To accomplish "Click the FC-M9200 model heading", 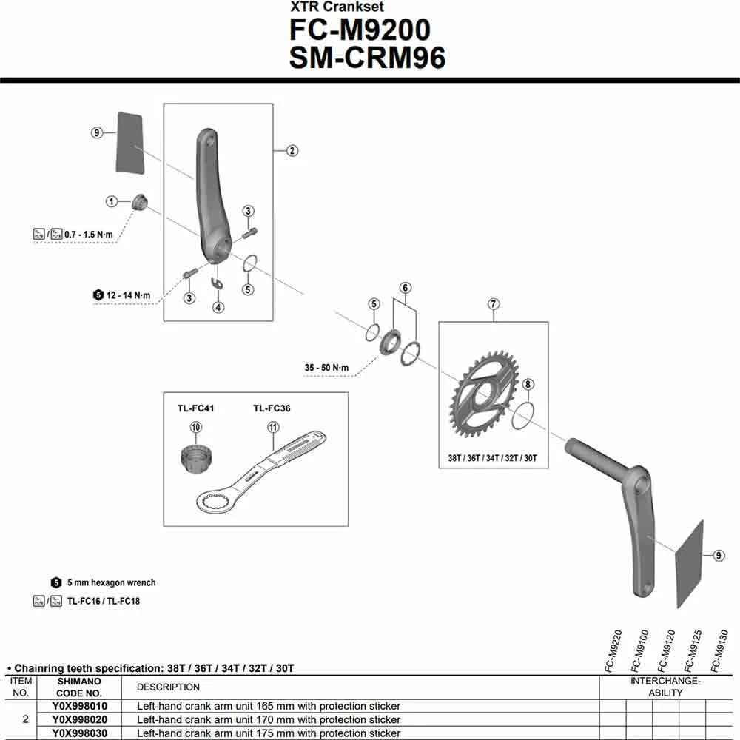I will tap(360, 30).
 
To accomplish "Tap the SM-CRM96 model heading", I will tap(367, 58).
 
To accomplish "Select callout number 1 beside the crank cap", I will tap(112, 201).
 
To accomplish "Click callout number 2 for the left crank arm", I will tap(292, 151).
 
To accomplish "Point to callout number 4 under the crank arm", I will tap(218, 307).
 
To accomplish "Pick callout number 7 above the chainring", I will tap(494, 303).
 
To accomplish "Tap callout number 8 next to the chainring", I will tap(528, 384).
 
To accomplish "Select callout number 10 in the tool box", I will tap(195, 427).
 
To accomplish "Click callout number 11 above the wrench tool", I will tap(273, 427).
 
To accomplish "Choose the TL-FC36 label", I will tap(272, 408).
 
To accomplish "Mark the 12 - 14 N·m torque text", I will tap(128, 295).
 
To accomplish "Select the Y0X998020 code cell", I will tap(80, 719).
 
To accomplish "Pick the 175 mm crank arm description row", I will tap(269, 733).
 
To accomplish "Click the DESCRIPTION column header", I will tap(169, 687).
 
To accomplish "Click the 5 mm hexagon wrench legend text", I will tap(111, 583).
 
